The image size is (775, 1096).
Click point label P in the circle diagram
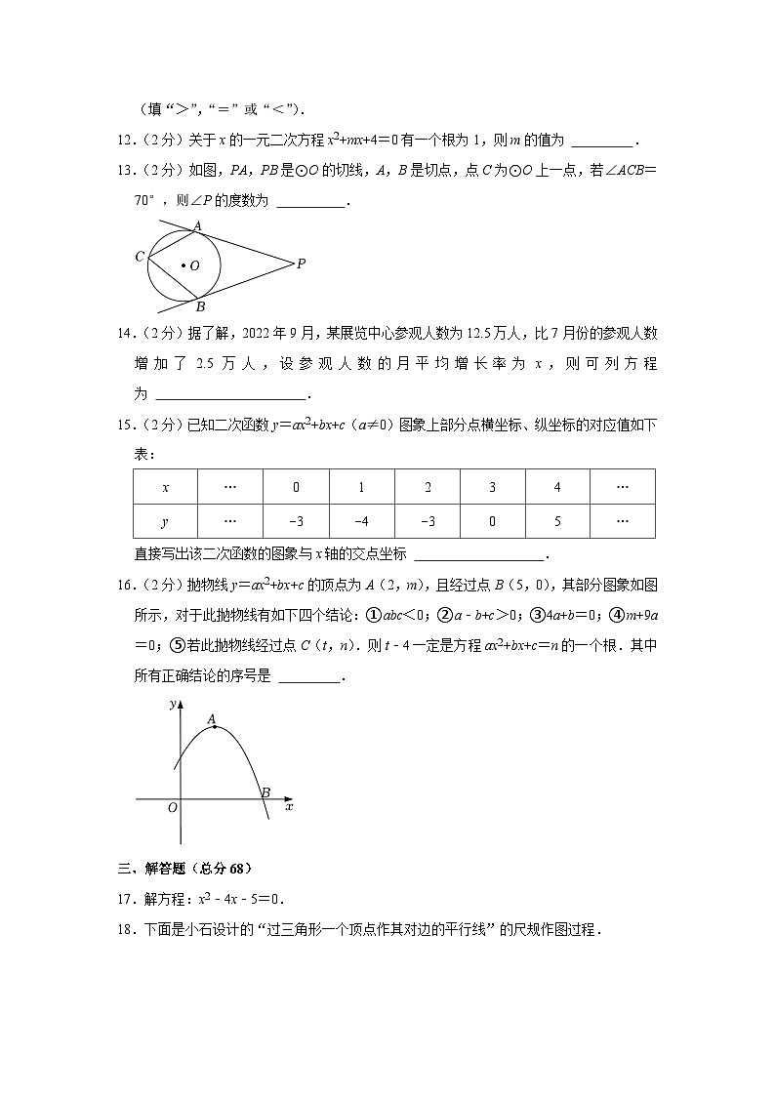point(302,263)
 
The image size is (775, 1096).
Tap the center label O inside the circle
point(194,265)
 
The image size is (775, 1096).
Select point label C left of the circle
point(140,257)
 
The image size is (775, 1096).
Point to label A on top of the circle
point(197,225)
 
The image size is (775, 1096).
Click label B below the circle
point(199,305)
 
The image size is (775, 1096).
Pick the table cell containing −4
point(361,521)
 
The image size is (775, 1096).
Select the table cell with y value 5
point(557,521)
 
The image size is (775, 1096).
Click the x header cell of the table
point(165,486)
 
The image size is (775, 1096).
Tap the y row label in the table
point(165,521)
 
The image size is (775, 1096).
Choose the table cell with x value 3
point(492,486)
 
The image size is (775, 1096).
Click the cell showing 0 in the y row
point(492,521)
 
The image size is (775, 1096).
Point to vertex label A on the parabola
point(212,719)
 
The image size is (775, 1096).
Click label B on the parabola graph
point(265,792)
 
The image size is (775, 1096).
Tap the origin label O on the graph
point(172,808)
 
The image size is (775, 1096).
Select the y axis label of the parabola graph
point(172,703)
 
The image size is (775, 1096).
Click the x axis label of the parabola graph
point(289,807)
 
